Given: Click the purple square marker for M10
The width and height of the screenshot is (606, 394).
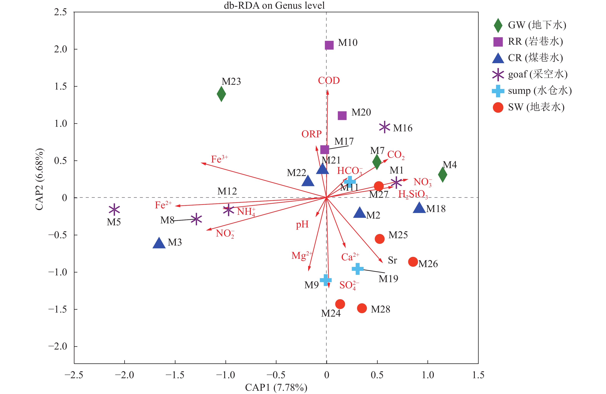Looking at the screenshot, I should pos(329,45).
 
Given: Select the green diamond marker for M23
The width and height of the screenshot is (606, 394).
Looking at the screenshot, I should pos(221,94).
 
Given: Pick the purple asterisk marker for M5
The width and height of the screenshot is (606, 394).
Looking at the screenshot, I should pos(114,210).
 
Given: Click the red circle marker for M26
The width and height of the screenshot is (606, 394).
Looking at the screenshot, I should pos(413,262).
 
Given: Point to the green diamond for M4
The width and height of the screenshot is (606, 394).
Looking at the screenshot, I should pos(442,175).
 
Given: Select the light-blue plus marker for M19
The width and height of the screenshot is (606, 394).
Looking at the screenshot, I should pos(357,269).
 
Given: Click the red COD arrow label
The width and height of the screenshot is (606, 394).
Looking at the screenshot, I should pos(329,80).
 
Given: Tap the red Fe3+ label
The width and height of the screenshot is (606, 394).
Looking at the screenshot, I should pos(219,159).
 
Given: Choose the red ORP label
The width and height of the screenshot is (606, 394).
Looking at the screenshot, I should pos(311,134).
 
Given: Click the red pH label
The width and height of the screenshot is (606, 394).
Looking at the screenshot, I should pos(302,225).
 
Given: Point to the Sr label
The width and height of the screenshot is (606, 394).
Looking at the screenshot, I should pos(392,260).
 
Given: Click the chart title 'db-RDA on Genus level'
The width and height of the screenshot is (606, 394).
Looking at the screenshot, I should pos(274,5).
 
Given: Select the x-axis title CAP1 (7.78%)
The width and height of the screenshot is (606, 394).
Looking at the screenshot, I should pos(276,387).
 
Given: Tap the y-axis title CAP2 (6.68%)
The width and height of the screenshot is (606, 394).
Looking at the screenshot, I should pos(39,179).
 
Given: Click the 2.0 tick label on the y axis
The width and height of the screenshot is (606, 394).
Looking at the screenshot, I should pos(60,49).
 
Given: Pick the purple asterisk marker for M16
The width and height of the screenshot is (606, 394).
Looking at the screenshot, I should pos(385,127).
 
